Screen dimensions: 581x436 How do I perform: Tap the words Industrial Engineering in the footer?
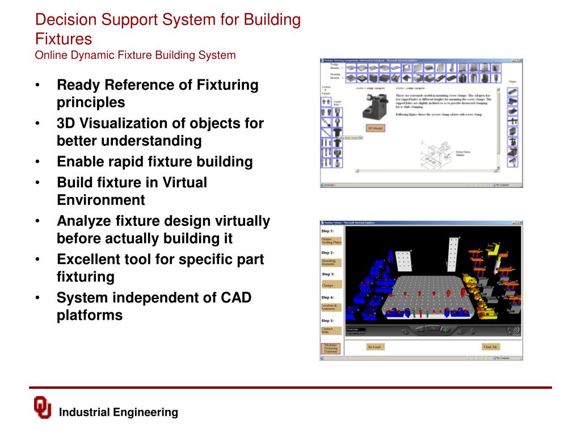pos(119,413)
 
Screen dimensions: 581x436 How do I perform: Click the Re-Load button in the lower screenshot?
pos(374,346)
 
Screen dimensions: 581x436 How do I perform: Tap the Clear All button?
pos(490,346)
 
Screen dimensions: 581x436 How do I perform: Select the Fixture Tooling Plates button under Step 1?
pos(331,241)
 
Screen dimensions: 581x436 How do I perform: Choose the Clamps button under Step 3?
pos(331,285)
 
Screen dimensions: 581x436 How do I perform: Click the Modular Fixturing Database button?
pos(331,348)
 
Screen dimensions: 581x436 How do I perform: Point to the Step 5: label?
pos(328,321)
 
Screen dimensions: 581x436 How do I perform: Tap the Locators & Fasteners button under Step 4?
pos(331,308)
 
